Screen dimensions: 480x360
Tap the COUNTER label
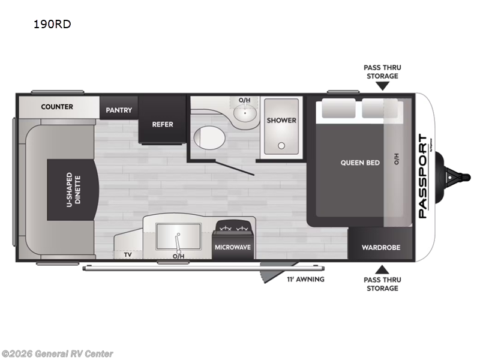point(57,107)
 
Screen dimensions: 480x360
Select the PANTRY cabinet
point(119,110)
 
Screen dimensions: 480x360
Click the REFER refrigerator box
point(163,124)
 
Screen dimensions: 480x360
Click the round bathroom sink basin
point(245,112)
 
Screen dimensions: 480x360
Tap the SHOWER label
point(281,120)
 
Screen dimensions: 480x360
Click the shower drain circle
point(281,145)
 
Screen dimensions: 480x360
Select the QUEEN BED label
point(360,163)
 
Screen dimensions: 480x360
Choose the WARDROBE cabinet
point(380,247)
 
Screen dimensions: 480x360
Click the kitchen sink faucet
point(179,239)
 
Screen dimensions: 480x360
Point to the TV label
point(128,254)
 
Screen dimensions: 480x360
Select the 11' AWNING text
point(306,279)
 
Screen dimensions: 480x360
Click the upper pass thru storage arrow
point(382,86)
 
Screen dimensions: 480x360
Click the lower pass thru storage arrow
point(382,268)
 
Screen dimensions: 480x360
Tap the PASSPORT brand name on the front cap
point(423,176)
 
